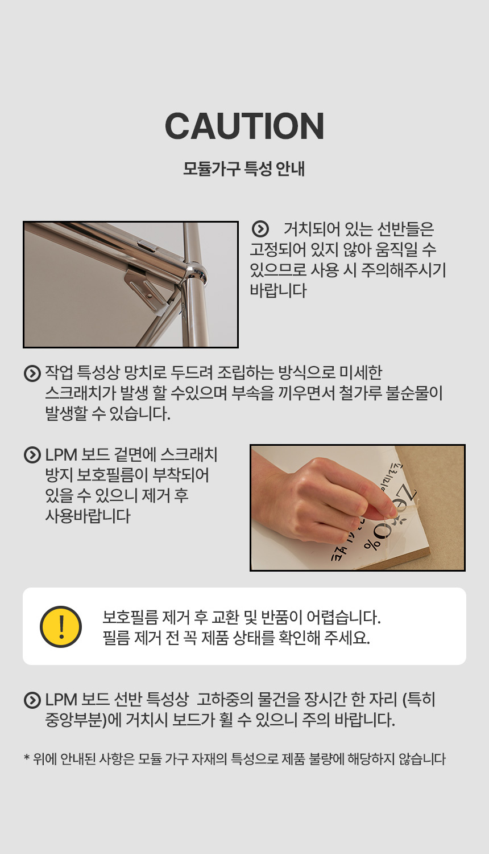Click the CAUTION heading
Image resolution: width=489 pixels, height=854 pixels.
244,126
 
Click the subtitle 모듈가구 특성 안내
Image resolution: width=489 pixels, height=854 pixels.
244,169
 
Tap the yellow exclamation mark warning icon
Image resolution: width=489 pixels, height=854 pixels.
61,626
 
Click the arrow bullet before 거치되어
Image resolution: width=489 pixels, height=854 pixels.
260,229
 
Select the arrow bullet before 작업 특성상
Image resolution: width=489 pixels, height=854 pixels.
32,373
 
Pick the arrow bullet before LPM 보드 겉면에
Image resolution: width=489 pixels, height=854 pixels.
32,455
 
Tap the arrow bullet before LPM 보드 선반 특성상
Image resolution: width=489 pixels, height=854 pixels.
32,700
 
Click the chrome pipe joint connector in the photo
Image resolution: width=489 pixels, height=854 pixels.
195,273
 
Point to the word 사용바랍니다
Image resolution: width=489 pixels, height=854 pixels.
88,516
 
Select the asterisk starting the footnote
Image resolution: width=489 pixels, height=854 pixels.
27,758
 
